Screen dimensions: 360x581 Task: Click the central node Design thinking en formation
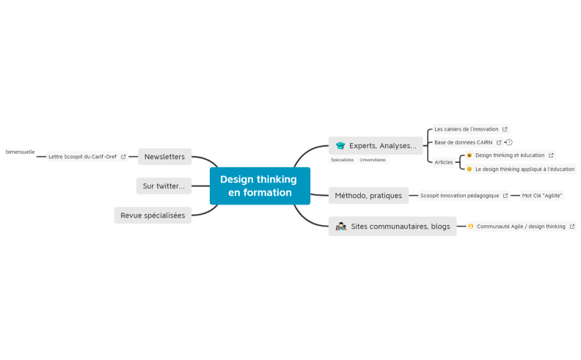259,185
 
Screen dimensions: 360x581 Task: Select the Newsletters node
164,156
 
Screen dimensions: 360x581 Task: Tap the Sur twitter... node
164,186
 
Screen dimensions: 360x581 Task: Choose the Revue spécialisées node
153,215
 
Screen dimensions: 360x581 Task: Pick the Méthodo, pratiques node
368,196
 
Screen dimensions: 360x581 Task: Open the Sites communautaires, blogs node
392,226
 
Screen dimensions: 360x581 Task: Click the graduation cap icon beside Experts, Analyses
340,145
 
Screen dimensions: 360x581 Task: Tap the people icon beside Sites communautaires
340,227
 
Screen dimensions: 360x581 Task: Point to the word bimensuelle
21,152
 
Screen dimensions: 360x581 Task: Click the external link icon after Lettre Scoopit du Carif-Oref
123,156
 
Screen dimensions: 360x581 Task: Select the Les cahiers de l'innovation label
466,129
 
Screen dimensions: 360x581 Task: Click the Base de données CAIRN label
463,142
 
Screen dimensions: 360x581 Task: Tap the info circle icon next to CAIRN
509,142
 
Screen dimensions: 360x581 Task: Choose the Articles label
443,162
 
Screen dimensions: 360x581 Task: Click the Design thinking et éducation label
509,155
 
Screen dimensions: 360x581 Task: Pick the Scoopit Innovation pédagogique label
459,196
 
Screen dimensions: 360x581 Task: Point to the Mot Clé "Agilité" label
541,196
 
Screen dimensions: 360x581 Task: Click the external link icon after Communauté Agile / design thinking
572,227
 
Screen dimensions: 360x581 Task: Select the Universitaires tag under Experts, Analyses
373,160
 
